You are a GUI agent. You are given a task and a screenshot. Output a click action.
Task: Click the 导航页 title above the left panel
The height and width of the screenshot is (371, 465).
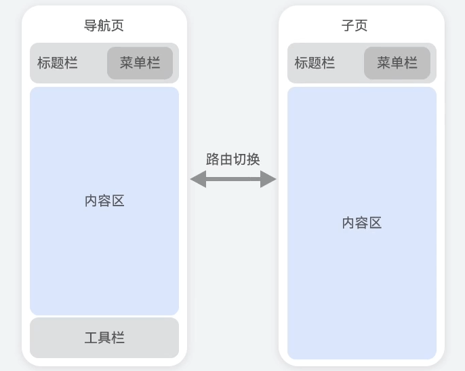104,26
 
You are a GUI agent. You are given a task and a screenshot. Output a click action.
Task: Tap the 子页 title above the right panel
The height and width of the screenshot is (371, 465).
355,26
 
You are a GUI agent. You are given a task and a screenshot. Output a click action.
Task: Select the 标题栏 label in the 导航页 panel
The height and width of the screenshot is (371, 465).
58,63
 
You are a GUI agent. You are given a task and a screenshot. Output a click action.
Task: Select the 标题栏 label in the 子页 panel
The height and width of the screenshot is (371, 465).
315,63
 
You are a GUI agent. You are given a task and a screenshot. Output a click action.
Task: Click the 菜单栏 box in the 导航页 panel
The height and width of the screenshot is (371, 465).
140,63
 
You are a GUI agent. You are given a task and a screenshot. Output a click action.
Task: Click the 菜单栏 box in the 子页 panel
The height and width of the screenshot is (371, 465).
397,63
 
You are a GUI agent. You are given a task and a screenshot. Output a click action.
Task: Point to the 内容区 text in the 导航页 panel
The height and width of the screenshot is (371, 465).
104,201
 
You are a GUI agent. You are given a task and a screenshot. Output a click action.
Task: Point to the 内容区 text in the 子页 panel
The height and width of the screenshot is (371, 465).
362,222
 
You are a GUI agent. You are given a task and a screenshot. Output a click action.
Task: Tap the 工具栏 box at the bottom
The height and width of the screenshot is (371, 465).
104,338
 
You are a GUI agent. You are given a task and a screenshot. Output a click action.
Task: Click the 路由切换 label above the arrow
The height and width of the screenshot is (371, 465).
233,159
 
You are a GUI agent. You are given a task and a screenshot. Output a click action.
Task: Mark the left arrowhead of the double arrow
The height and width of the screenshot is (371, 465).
197,179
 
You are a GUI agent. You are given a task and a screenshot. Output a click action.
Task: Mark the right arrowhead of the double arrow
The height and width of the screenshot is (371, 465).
268,179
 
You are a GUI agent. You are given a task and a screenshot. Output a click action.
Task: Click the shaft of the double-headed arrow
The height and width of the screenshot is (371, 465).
233,179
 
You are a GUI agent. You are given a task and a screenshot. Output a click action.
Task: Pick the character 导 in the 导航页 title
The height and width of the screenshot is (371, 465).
90,26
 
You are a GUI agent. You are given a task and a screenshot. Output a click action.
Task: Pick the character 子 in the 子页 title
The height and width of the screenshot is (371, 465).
348,26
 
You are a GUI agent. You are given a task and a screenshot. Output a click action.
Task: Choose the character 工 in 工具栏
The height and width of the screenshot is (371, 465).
91,338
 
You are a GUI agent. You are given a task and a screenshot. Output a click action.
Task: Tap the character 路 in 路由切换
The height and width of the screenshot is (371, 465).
213,159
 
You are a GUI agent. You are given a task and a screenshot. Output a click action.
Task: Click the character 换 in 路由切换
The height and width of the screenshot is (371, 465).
254,159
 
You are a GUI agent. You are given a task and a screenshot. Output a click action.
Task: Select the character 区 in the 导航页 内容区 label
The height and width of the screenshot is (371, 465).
118,201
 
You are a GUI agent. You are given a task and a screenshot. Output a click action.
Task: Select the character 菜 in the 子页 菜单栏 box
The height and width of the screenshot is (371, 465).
384,63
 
